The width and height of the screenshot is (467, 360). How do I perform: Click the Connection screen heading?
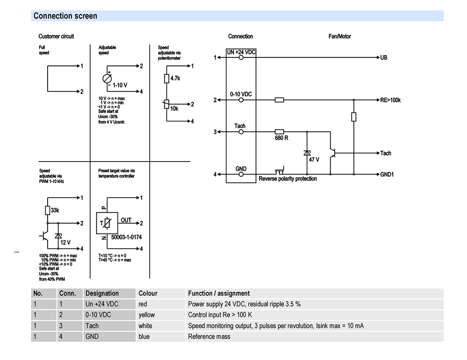click(x=65, y=16)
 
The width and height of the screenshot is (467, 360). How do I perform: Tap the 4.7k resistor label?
click(x=175, y=78)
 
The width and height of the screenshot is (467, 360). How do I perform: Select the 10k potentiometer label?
click(x=174, y=108)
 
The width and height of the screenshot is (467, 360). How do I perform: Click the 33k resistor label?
click(x=55, y=211)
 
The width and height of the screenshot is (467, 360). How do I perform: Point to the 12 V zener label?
click(x=65, y=242)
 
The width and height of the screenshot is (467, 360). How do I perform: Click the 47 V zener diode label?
click(x=314, y=159)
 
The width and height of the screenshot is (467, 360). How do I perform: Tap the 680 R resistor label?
click(x=282, y=139)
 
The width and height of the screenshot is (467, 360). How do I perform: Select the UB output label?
click(x=384, y=58)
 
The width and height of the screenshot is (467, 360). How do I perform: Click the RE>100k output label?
click(x=391, y=100)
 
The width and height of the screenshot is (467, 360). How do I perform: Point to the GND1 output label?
click(x=387, y=175)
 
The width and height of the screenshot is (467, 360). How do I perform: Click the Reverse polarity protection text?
click(x=288, y=179)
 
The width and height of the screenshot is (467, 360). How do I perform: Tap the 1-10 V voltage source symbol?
click(x=107, y=78)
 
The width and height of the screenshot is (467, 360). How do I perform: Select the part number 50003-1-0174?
click(x=125, y=237)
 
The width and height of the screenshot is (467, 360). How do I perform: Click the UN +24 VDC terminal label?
click(x=241, y=52)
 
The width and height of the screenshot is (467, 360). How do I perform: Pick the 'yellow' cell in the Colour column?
click(x=147, y=315)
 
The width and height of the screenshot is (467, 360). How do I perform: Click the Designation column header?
click(x=102, y=293)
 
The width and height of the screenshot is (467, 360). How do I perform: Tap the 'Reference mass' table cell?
click(x=209, y=336)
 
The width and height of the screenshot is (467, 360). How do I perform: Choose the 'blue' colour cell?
click(x=144, y=336)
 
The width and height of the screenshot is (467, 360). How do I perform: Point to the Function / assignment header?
click(x=219, y=293)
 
